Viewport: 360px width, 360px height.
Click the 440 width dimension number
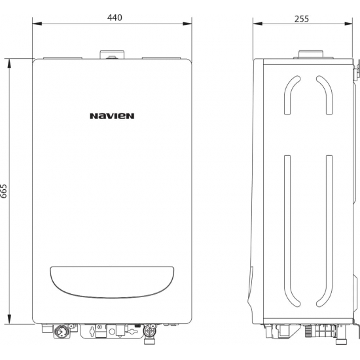tap(115, 18)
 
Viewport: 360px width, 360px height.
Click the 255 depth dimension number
tap(302, 19)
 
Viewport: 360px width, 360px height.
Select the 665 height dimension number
tap(4, 190)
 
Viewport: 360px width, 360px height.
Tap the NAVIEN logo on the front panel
tap(112, 116)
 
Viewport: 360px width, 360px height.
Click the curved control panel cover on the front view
tap(112, 282)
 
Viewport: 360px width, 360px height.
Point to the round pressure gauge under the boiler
tap(60, 332)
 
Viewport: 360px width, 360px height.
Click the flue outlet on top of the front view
tap(113, 55)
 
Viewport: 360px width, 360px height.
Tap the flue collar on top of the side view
tap(311, 54)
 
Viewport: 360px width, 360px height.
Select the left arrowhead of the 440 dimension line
tap(37, 24)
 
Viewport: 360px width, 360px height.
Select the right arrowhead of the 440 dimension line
tap(187, 24)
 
